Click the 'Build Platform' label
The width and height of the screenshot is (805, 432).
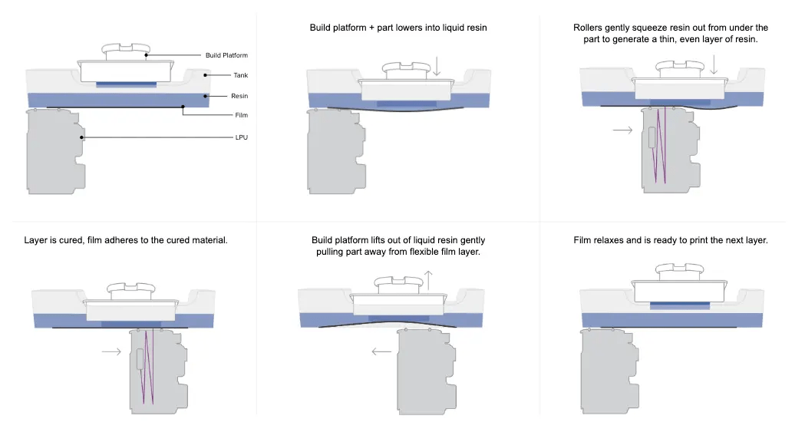[x=226, y=55]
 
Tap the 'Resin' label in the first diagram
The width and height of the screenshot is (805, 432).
[x=239, y=96]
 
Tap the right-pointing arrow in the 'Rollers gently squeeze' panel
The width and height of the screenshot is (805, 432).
[x=623, y=130]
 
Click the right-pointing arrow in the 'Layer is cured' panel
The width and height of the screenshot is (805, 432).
[x=111, y=352]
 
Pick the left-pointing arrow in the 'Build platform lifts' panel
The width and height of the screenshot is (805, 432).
[x=381, y=352]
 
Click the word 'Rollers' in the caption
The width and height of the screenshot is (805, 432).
[x=589, y=28]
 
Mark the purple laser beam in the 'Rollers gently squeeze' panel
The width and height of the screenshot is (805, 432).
[x=660, y=146]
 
